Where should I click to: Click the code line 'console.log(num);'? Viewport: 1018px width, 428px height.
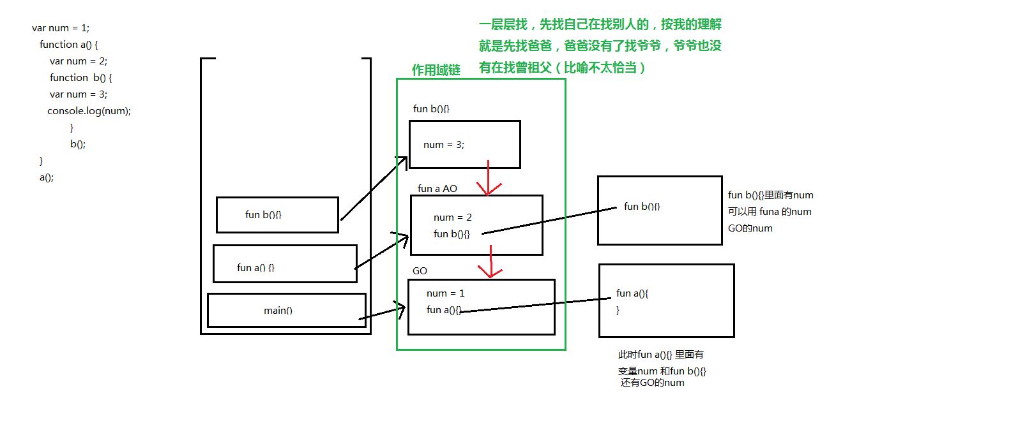pyautogui.click(x=89, y=111)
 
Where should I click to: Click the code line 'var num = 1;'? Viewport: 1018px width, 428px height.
pyautogui.click(x=61, y=28)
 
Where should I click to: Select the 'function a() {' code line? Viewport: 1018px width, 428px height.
pyautogui.click(x=68, y=45)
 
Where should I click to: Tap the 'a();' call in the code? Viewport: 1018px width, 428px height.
pyautogui.click(x=47, y=177)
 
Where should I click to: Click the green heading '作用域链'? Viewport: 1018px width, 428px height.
pyautogui.click(x=436, y=70)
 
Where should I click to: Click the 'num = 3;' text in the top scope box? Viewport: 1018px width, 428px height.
pyautogui.click(x=444, y=145)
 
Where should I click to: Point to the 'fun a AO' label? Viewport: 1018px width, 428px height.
pyautogui.click(x=437, y=189)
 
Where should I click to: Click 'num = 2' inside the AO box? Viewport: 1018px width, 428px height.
pyautogui.click(x=453, y=218)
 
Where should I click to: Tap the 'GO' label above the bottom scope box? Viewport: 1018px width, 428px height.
pyautogui.click(x=420, y=271)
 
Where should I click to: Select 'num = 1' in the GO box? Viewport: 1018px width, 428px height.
pyautogui.click(x=446, y=293)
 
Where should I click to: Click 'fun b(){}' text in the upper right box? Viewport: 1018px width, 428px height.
pyautogui.click(x=642, y=207)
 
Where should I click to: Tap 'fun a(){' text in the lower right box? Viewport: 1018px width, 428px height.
pyautogui.click(x=632, y=293)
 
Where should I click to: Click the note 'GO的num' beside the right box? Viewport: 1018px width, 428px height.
pyautogui.click(x=750, y=228)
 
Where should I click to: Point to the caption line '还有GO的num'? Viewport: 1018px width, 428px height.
pyautogui.click(x=652, y=383)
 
